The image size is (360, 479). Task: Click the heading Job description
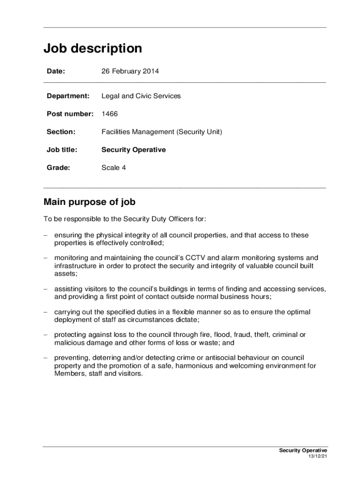93,49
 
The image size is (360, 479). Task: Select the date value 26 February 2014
130,72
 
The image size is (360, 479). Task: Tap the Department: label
68,96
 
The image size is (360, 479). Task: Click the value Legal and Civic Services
141,96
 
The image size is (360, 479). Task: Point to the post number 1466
109,114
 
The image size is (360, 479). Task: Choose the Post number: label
70,114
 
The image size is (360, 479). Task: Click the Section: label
61,132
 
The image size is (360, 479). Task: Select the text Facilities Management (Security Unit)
162,132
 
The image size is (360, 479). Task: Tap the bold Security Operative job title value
133,150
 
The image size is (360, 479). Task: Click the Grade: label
58,167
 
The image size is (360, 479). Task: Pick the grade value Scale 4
114,167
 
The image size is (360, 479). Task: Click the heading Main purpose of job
89,202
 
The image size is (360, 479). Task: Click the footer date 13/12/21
317,457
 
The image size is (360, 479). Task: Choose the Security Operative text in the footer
303,450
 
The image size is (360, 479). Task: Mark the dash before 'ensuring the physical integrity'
46,235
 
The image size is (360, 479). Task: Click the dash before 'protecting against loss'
46,334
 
